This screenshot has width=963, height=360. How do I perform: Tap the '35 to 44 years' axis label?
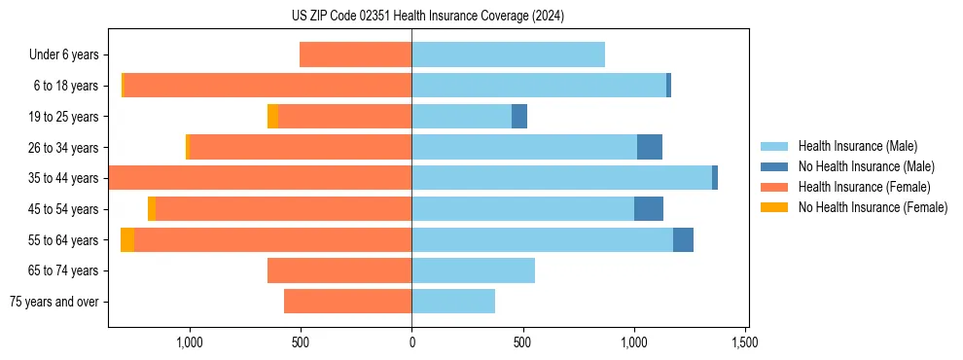(64, 178)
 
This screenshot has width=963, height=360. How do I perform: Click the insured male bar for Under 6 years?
(508, 54)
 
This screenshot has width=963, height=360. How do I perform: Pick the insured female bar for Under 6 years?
(355, 54)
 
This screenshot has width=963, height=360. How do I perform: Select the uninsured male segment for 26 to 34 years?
(649, 147)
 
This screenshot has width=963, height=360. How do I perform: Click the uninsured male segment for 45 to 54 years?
(648, 209)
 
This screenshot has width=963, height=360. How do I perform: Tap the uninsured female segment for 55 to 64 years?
(127, 240)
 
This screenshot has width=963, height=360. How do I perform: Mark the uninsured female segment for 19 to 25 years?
(272, 117)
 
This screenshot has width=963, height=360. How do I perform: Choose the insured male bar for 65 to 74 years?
(473, 270)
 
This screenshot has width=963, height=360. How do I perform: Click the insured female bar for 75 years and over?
(347, 302)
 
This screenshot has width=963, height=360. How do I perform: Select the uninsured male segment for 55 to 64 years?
(683, 240)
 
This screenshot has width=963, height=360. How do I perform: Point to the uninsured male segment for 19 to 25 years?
(519, 117)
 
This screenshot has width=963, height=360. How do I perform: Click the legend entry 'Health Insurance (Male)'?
(857, 147)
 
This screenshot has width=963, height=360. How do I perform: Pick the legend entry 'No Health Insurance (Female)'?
(873, 207)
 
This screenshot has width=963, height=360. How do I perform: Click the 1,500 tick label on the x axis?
(745, 342)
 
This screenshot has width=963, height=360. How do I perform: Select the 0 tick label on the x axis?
(411, 342)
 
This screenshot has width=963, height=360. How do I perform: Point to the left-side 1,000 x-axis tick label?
(189, 342)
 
